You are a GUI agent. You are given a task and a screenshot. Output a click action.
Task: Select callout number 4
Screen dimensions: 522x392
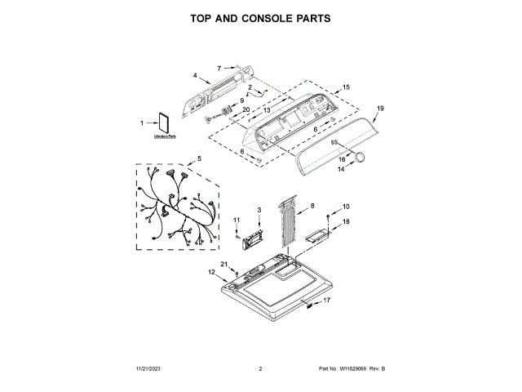click(x=195, y=76)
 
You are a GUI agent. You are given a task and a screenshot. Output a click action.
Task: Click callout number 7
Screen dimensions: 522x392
click(x=219, y=68)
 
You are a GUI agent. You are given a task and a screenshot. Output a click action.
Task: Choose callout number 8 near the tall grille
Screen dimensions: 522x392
click(x=312, y=206)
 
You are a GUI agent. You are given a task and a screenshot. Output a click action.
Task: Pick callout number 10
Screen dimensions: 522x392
click(x=345, y=207)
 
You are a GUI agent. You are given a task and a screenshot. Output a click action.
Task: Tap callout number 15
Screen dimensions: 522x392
click(x=346, y=87)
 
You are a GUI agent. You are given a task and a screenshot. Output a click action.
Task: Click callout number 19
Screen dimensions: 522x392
click(x=380, y=108)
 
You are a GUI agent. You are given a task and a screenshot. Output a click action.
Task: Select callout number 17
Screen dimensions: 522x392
click(x=328, y=301)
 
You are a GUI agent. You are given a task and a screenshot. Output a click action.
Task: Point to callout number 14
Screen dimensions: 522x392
click(x=342, y=170)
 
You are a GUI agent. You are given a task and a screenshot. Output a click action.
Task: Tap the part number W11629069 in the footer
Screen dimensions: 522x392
click(x=353, y=369)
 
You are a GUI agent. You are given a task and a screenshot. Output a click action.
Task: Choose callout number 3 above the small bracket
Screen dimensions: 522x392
click(x=259, y=211)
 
